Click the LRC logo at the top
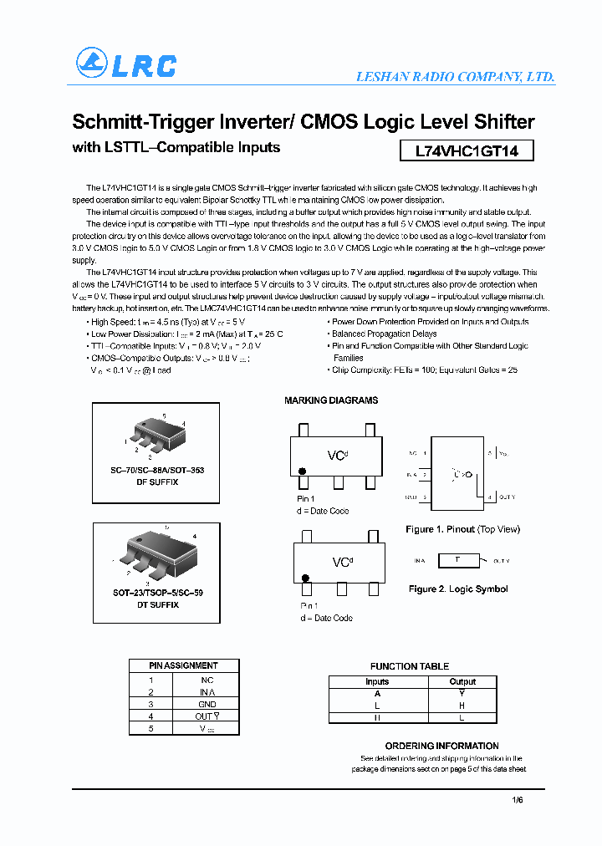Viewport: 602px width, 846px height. click(x=126, y=65)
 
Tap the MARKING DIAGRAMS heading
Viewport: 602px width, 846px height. click(x=331, y=400)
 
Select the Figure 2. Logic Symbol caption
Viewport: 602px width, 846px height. click(x=458, y=589)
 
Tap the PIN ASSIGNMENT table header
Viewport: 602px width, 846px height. click(x=183, y=665)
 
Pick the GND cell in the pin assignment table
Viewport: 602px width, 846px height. click(x=207, y=704)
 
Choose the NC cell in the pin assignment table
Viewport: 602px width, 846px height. click(x=207, y=680)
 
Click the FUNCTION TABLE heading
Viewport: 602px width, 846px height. click(x=410, y=666)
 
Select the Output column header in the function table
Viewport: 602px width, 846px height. click(x=462, y=681)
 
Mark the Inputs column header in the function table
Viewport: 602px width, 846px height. click(x=377, y=681)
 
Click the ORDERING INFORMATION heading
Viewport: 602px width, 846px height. click(x=441, y=746)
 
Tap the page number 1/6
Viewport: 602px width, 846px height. click(x=517, y=800)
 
